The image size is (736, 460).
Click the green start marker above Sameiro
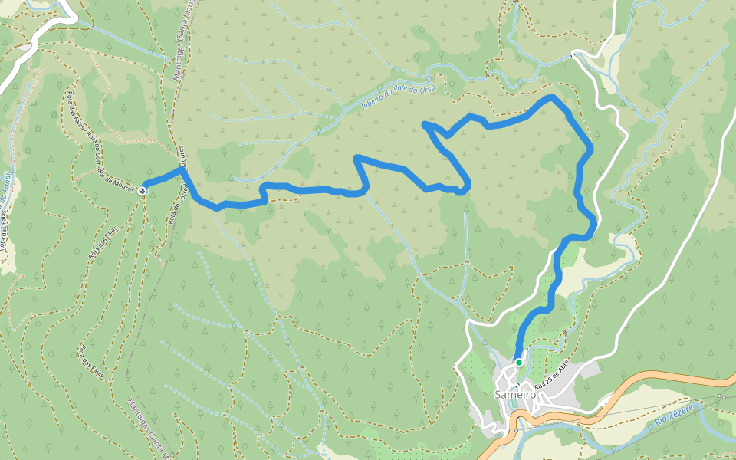click(x=519, y=363)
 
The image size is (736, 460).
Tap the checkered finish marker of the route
click(x=143, y=190)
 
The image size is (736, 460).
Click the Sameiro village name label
click(x=515, y=395)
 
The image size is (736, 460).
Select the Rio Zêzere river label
click(x=675, y=415)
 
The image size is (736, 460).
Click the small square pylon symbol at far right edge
click(x=721, y=396)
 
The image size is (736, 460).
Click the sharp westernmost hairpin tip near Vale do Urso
click(x=425, y=123)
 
